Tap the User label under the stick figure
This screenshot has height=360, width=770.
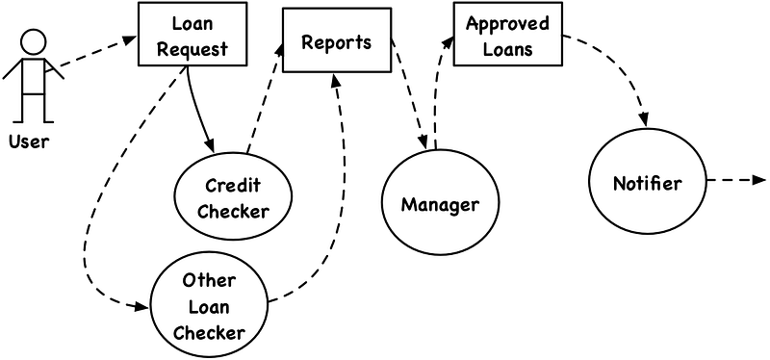click(x=29, y=141)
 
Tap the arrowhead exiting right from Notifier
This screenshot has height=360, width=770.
click(x=759, y=180)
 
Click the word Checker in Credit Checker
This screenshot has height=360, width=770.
click(x=234, y=211)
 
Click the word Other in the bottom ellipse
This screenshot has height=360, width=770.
click(x=209, y=281)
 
